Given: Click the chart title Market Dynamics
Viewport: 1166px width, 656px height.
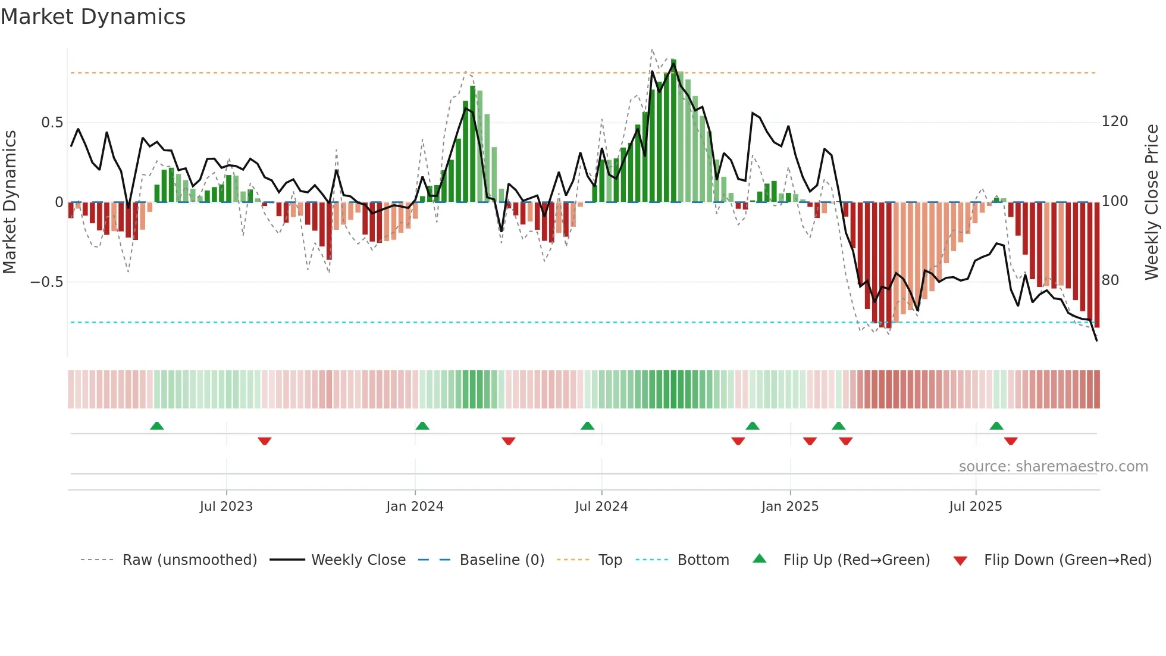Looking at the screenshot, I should [93, 17].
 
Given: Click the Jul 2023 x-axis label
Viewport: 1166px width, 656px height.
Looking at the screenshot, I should [226, 507].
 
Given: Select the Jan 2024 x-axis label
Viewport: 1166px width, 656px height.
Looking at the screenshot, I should [415, 507].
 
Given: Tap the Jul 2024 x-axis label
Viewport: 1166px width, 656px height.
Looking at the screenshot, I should [601, 507].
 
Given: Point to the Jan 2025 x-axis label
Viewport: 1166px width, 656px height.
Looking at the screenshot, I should [790, 507].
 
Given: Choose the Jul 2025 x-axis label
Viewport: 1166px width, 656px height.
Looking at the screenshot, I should [976, 507].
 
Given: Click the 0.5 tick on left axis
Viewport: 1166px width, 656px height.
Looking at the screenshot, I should [52, 123].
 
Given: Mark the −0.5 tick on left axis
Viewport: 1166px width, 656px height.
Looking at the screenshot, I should [47, 282].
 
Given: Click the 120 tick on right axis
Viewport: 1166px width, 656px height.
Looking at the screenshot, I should [1115, 121].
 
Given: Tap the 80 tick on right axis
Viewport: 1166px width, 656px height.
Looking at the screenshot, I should [1110, 280].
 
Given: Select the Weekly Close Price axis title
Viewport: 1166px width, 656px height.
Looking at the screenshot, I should [1152, 202].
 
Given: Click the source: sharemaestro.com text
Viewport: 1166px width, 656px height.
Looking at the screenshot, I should [1053, 467].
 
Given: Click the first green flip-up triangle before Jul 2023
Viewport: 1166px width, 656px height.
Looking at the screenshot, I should [157, 426].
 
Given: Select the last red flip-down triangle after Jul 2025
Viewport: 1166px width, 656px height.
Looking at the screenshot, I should [1011, 441].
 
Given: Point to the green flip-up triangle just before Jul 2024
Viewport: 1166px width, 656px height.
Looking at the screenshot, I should [587, 426].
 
